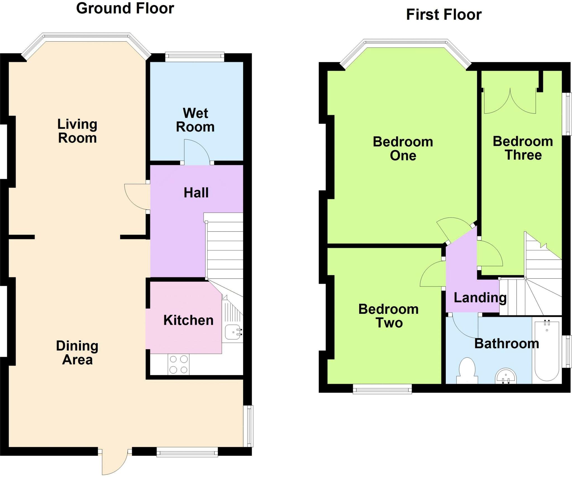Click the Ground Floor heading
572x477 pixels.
tap(125, 8)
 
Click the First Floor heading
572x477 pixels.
tap(444, 15)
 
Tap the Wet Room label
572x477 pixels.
tap(196, 120)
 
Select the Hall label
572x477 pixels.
tap(196, 193)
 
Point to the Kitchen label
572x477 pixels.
tap(189, 320)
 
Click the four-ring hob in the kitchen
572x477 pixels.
tap(178, 364)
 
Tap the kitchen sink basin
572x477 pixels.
tap(233, 332)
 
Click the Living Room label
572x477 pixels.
tap(77, 131)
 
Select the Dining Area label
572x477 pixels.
tap(77, 353)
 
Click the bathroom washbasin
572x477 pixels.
tap(506, 376)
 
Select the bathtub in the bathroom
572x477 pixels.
tap(547, 350)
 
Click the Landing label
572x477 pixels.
tap(480, 298)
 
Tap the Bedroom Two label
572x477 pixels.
tap(389, 316)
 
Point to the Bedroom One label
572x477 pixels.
tap(403, 148)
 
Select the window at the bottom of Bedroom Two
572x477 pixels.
tap(382, 389)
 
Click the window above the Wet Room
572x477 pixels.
tap(195, 57)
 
